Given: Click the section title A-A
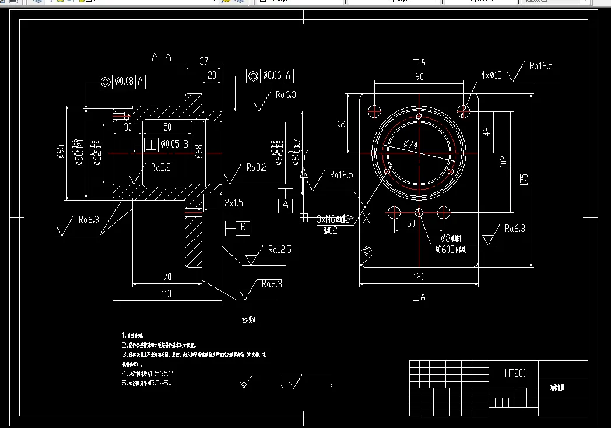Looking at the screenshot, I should (x=161, y=57).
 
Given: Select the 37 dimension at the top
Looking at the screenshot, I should (x=204, y=61).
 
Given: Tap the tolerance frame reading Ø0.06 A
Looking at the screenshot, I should (x=269, y=75).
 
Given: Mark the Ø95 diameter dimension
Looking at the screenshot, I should (x=60, y=151).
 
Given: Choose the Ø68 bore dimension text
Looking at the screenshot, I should (x=198, y=152).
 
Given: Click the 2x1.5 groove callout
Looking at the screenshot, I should (x=233, y=202).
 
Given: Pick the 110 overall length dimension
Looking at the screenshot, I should (x=166, y=294).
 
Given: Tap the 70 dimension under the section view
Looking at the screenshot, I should (x=167, y=276).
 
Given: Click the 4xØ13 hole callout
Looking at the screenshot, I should (x=491, y=75).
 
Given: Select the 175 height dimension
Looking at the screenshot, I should (x=524, y=178).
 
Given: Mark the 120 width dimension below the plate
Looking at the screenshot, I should (x=419, y=277).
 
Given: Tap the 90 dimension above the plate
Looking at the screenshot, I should (x=419, y=77).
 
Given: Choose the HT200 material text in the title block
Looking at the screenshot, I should (x=515, y=373).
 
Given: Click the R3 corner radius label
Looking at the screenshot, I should (x=367, y=251).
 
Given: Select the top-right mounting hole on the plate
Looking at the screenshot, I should (x=463, y=110).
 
